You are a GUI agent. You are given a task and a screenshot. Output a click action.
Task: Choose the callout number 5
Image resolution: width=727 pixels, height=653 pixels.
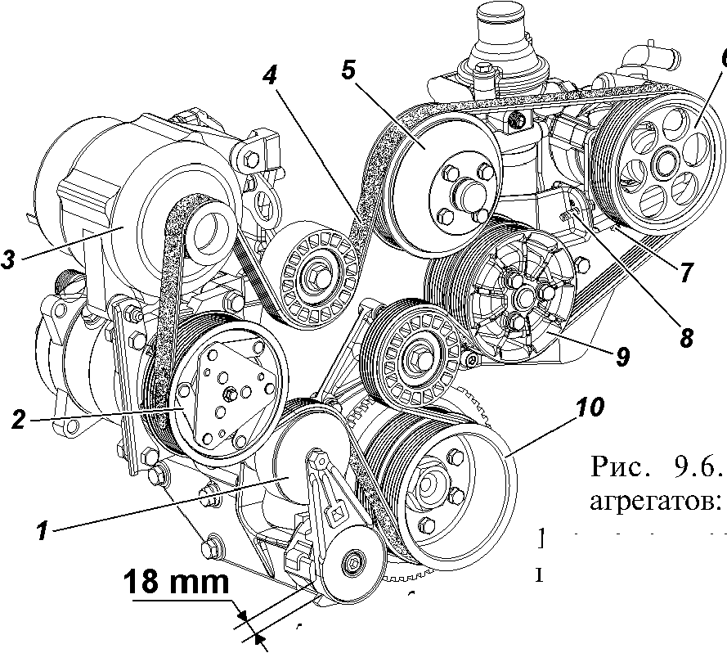(348, 69)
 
